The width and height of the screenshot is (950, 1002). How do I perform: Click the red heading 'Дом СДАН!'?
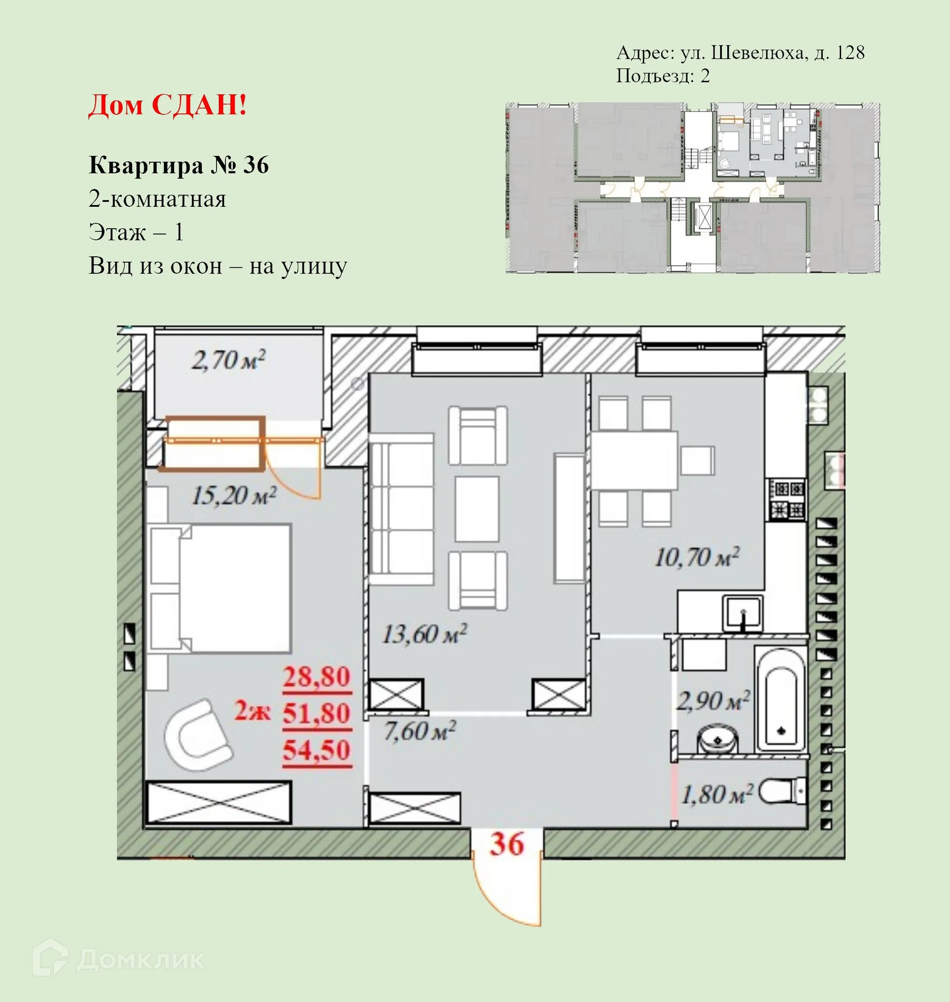[x=168, y=105]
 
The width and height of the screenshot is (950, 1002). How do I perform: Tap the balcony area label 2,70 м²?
[x=229, y=361]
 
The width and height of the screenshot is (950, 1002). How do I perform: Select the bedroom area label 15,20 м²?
[x=234, y=496]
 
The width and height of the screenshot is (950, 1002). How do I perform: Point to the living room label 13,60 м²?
[x=424, y=634]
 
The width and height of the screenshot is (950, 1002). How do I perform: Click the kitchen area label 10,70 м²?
[x=696, y=558]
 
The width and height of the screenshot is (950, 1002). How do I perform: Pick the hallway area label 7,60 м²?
[x=419, y=731]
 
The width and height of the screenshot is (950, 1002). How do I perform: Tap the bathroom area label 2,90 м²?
[x=712, y=701]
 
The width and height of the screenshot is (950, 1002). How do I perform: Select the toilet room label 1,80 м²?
[x=717, y=794]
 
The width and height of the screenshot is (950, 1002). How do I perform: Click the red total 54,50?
[x=317, y=751]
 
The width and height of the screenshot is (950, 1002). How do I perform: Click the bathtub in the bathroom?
[x=780, y=699]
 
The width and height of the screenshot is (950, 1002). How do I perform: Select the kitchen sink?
[x=743, y=613]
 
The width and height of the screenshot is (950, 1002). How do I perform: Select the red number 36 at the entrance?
[x=507, y=844]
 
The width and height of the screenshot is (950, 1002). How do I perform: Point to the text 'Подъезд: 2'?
[x=663, y=76]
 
